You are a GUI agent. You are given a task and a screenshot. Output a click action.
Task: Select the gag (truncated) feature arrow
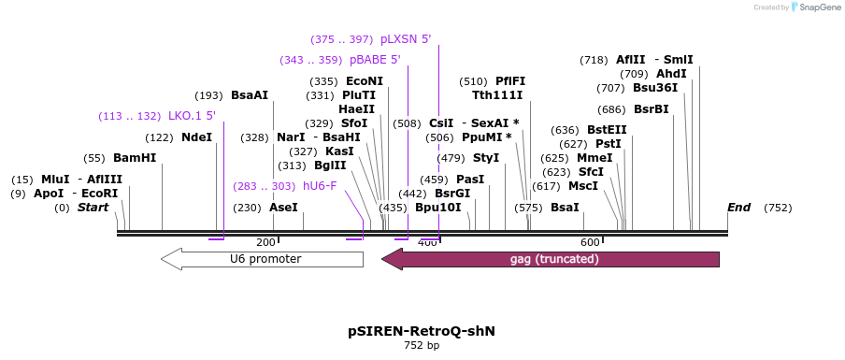click(x=551, y=259)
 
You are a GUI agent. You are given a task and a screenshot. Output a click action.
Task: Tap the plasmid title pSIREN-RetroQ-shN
click(x=422, y=331)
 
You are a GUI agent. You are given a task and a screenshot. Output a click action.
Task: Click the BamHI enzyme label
click(x=135, y=158)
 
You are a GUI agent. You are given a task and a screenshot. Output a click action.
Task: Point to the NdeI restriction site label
click(x=196, y=137)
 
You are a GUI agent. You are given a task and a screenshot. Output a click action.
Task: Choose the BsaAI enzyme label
click(x=250, y=95)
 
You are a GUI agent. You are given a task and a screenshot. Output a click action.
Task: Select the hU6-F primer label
click(x=319, y=186)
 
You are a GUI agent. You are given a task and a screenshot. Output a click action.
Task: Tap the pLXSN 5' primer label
click(x=406, y=39)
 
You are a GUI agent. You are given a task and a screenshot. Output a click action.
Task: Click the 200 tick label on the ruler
click(x=265, y=243)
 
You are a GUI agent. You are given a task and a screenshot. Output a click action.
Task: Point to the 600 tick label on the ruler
click(x=590, y=243)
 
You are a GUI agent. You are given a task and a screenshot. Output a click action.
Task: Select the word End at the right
click(x=738, y=208)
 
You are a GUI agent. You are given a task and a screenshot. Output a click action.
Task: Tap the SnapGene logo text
click(x=818, y=7)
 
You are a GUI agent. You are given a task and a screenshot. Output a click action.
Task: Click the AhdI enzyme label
click(x=671, y=74)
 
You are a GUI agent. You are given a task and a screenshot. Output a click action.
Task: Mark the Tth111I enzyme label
click(x=497, y=95)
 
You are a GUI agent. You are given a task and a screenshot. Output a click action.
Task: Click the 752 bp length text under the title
click(x=422, y=346)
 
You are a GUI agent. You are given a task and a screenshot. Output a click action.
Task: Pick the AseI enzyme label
click(x=283, y=208)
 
